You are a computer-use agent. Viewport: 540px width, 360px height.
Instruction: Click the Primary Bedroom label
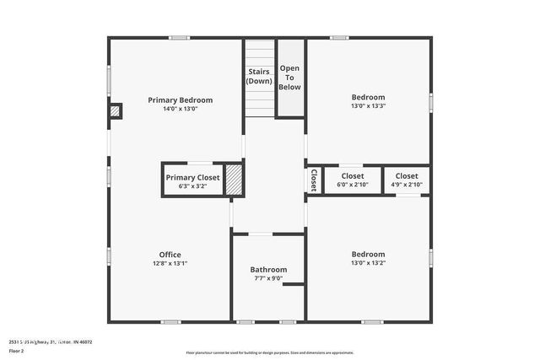point(180,99)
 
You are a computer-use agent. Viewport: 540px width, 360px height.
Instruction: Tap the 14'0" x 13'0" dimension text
point(180,109)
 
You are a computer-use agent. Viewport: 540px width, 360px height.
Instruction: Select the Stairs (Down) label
point(259,77)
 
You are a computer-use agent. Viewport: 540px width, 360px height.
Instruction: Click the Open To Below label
point(289,77)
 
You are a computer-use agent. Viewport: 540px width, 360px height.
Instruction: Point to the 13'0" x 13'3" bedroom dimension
point(368,106)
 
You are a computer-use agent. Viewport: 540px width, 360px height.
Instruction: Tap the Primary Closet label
point(192,177)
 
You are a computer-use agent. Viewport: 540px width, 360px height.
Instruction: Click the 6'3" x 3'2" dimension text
point(192,186)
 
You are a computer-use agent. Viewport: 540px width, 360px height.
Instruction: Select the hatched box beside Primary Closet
point(234,180)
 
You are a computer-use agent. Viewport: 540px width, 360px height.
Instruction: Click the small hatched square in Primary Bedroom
point(116,110)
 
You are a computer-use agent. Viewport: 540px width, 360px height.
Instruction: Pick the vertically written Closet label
point(313,180)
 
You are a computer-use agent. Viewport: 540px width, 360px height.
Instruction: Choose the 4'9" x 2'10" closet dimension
point(406,185)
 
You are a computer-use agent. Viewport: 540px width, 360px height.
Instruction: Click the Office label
point(170,255)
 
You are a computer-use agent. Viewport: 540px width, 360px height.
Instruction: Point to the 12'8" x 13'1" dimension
point(170,264)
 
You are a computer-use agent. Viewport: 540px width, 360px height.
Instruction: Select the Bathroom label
point(268,269)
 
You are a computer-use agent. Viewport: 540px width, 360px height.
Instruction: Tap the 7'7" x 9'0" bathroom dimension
point(268,278)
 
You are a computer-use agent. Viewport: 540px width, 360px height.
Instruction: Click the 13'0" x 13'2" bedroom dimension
point(368,263)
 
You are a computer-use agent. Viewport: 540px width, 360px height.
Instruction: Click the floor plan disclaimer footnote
point(270,352)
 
